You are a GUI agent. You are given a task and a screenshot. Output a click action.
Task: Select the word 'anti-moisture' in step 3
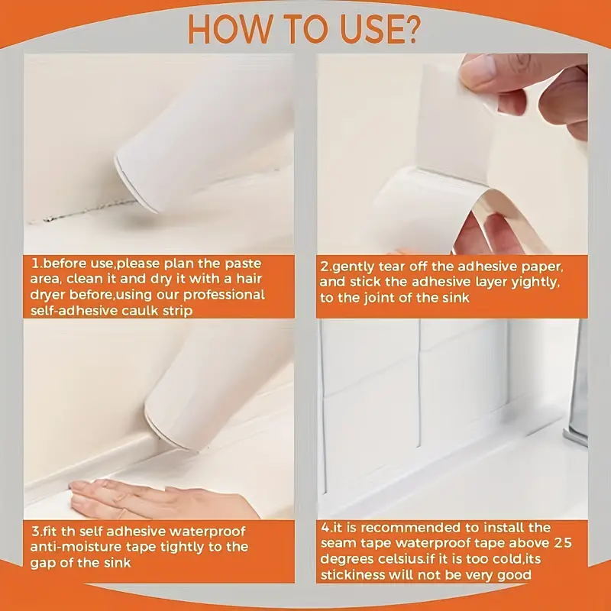(x=73, y=546)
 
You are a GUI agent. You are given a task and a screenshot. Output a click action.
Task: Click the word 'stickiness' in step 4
(x=354, y=575)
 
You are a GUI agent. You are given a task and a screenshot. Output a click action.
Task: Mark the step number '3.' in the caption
(x=36, y=530)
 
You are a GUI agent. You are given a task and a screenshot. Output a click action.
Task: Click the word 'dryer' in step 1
(x=51, y=294)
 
